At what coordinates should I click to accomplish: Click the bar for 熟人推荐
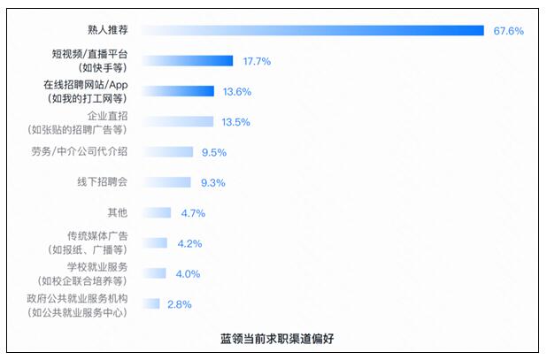[313, 30]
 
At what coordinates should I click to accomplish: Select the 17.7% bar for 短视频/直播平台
[188, 61]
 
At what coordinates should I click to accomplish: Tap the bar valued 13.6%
[178, 91]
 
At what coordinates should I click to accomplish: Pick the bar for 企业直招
[178, 122]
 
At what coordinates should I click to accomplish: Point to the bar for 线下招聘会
[166, 182]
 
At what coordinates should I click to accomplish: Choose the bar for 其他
[157, 212]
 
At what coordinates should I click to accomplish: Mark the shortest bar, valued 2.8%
[150, 303]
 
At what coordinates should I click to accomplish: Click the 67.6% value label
[508, 31]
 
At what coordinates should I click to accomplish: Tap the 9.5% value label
[214, 152]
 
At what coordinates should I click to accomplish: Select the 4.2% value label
[189, 243]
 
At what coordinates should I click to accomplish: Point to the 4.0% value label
[188, 274]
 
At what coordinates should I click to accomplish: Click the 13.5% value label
[235, 122]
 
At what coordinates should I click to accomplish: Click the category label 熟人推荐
[108, 30]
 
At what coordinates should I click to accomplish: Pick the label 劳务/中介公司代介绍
[80, 151]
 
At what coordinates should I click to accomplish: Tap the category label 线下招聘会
[102, 182]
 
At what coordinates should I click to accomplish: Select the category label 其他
[118, 212]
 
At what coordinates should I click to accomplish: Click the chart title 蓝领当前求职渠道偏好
[277, 338]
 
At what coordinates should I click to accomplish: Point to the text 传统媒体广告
[97, 236]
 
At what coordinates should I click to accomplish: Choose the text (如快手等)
[103, 67]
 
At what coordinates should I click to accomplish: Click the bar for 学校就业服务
[154, 273]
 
